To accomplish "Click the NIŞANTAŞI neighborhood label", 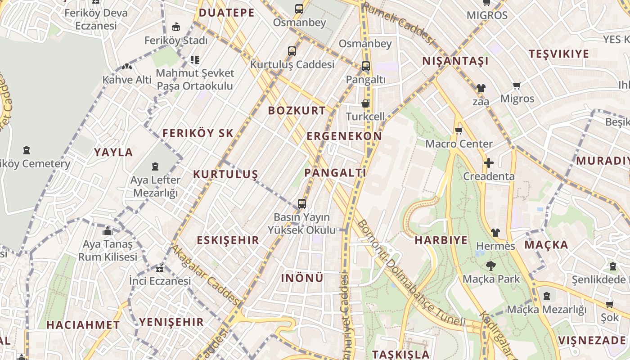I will tap(455, 61).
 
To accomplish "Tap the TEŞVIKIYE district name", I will tap(558, 54).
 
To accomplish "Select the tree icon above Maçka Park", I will tap(491, 266).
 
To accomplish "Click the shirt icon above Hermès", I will tap(495, 233).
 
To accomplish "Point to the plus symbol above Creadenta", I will tap(489, 163).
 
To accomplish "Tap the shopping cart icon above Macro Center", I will tap(459, 131).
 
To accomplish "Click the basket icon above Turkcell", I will tap(365, 103).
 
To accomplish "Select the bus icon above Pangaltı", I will tap(365, 66).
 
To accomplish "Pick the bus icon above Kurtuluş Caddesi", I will tap(292, 51).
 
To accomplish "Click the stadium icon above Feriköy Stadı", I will tap(176, 27).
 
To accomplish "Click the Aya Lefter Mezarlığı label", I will tap(155, 186).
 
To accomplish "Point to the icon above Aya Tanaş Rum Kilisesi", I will tap(108, 231).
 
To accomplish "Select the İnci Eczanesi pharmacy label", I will tap(160, 281).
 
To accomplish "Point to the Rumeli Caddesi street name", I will tap(399, 24).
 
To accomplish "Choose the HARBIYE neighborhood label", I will tap(441, 240).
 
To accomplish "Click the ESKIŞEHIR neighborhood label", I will tap(228, 240).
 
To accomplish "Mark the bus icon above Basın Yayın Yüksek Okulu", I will tap(302, 204).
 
